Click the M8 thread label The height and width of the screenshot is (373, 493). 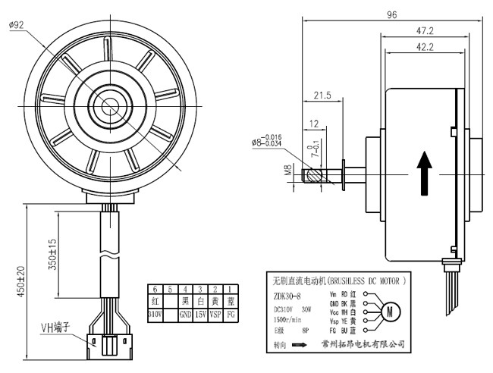tap(288, 171)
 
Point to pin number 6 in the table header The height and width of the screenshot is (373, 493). tap(155, 289)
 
